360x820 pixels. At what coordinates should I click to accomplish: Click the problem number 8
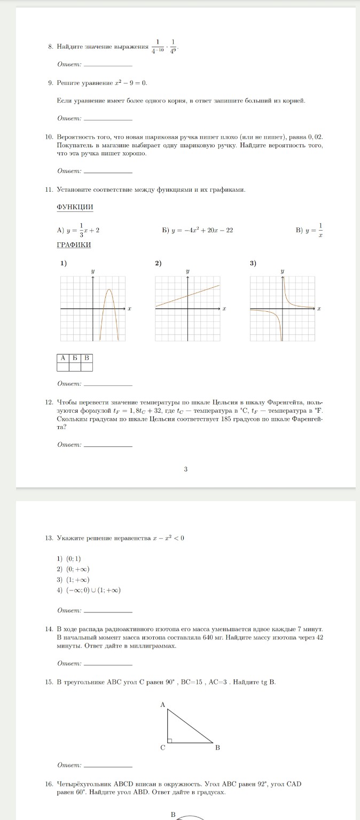tap(50, 48)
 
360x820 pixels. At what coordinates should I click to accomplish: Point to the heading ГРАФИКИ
tap(74, 245)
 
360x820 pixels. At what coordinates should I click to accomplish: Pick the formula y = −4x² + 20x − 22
tap(201, 230)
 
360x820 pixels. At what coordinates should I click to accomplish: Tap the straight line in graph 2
tap(187, 296)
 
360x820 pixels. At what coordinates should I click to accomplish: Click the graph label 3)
tap(253, 263)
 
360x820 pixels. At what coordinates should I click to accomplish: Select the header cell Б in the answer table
tap(75, 358)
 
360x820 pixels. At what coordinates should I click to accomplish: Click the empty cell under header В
tap(87, 367)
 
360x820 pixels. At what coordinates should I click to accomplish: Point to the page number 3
tap(185, 469)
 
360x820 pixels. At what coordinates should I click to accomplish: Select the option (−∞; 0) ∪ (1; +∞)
tap(93, 590)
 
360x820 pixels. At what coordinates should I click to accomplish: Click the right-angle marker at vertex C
tap(170, 740)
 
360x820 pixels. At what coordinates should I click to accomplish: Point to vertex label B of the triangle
tap(217, 747)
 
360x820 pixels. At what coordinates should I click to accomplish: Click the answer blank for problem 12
tap(108, 445)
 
